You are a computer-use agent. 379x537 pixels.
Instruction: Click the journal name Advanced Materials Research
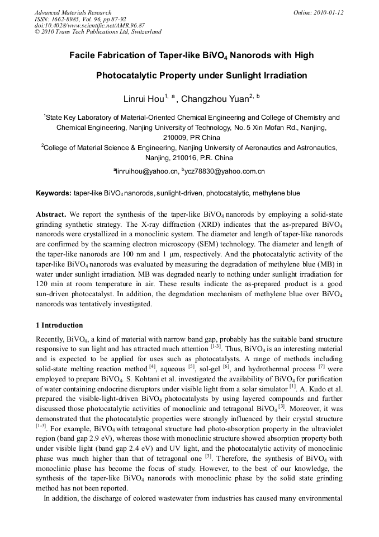click(73, 12)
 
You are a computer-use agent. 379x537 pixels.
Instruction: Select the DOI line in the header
click(89, 25)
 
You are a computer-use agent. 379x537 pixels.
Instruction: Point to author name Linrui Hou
click(144, 99)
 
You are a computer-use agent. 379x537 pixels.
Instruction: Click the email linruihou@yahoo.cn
click(146, 171)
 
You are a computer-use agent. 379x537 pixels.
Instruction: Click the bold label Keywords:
click(54, 193)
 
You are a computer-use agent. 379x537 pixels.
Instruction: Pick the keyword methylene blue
click(276, 193)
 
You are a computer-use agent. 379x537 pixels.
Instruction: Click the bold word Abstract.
click(51, 214)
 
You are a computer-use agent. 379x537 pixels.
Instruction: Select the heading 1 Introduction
click(59, 325)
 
